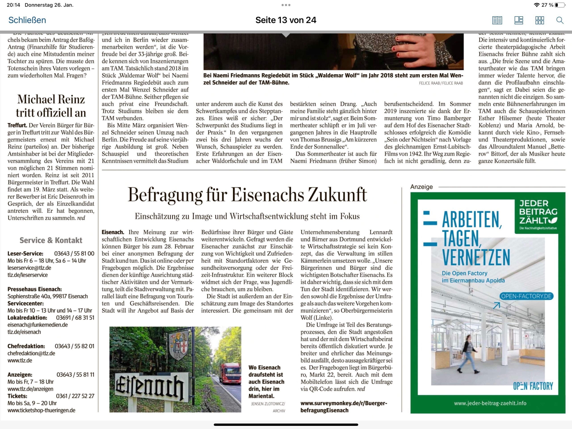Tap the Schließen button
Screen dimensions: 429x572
click(27, 20)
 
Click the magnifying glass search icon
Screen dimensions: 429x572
click(560, 20)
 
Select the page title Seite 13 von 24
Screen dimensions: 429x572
click(286, 20)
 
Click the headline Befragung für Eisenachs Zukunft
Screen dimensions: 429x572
click(247, 194)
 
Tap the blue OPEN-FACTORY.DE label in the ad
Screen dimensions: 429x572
click(526, 296)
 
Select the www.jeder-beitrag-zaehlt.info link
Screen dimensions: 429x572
click(490, 403)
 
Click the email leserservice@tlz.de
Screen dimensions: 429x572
click(29, 268)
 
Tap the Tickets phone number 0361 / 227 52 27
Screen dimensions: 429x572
click(75, 396)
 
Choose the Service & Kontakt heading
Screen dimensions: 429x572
click(51, 240)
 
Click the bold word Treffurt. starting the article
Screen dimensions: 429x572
click(17, 125)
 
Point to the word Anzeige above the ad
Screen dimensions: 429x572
click(421, 187)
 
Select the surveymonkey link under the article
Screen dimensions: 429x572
click(344, 407)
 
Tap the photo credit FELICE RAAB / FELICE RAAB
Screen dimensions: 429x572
click(441, 83)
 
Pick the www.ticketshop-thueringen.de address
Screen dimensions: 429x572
click(41, 410)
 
